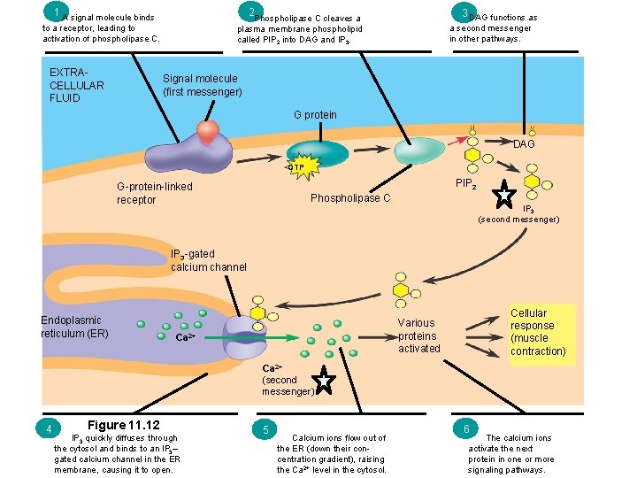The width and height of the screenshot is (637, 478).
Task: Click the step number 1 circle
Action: [56, 12]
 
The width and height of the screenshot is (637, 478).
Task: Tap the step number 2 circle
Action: [253, 12]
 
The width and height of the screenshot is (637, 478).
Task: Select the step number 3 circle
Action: [464, 12]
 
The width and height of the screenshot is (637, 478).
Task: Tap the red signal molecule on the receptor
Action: [209, 132]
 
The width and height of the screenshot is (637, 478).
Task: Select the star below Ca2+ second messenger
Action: [325, 382]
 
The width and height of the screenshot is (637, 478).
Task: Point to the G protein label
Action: [315, 115]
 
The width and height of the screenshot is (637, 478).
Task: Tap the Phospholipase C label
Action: [350, 198]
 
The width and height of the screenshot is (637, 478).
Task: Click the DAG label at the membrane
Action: [524, 143]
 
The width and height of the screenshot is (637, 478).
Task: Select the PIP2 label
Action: [467, 183]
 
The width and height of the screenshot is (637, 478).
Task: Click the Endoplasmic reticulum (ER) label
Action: [73, 327]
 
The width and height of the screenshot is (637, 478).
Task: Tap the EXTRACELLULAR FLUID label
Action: [77, 85]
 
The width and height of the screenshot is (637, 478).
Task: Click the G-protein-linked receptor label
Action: [154, 193]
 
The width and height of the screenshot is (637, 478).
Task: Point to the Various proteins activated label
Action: [418, 335]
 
